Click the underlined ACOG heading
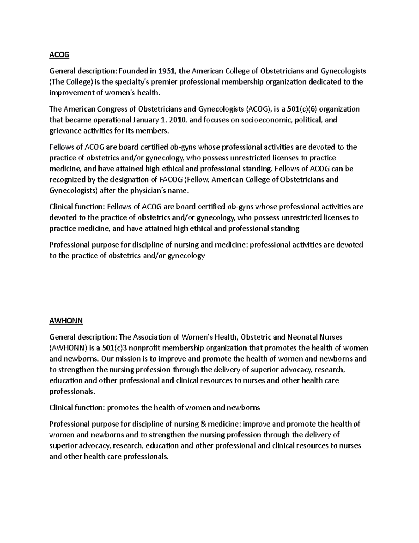(x=59, y=55)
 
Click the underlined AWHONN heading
(x=66, y=321)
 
